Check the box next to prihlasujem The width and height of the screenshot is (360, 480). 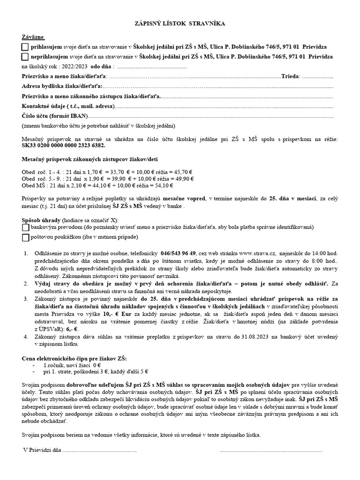[x=25, y=47]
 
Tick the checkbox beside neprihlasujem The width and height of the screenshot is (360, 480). [x=25, y=57]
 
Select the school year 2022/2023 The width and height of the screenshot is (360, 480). [x=75, y=66]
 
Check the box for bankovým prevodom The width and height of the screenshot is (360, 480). [x=25, y=227]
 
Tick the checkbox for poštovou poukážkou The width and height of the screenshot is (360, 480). [x=25, y=238]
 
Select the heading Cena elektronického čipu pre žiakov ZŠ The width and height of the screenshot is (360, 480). [x=74, y=358]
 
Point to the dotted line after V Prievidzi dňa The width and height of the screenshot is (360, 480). [x=99, y=450]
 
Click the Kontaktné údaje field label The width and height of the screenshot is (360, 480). [x=67, y=106]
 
